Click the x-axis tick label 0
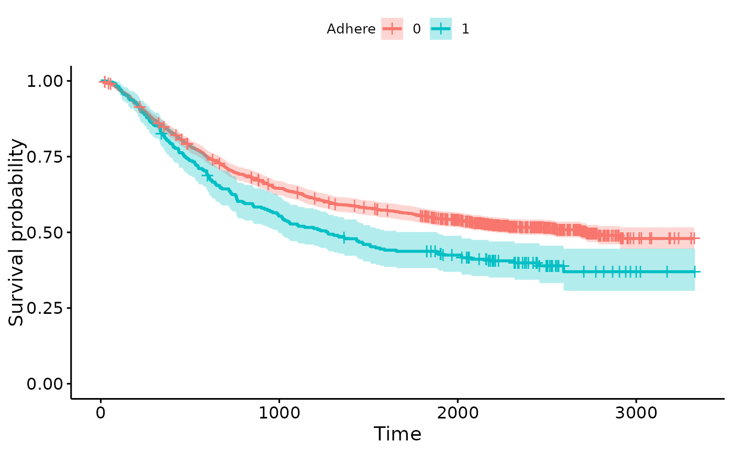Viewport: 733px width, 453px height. [x=101, y=413]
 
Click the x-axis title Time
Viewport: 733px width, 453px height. [x=397, y=434]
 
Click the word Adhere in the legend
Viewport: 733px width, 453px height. [x=351, y=29]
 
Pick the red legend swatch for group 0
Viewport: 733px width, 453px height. [x=392, y=29]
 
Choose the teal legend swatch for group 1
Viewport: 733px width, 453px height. [x=441, y=29]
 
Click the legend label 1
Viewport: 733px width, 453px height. [x=465, y=29]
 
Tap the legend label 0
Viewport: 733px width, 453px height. [x=417, y=29]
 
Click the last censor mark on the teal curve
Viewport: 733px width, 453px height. [x=694, y=272]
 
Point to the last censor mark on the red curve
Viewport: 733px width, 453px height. [x=693, y=239]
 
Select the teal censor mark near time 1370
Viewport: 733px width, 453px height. [x=344, y=239]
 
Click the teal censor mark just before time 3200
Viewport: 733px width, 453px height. [x=667, y=272]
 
